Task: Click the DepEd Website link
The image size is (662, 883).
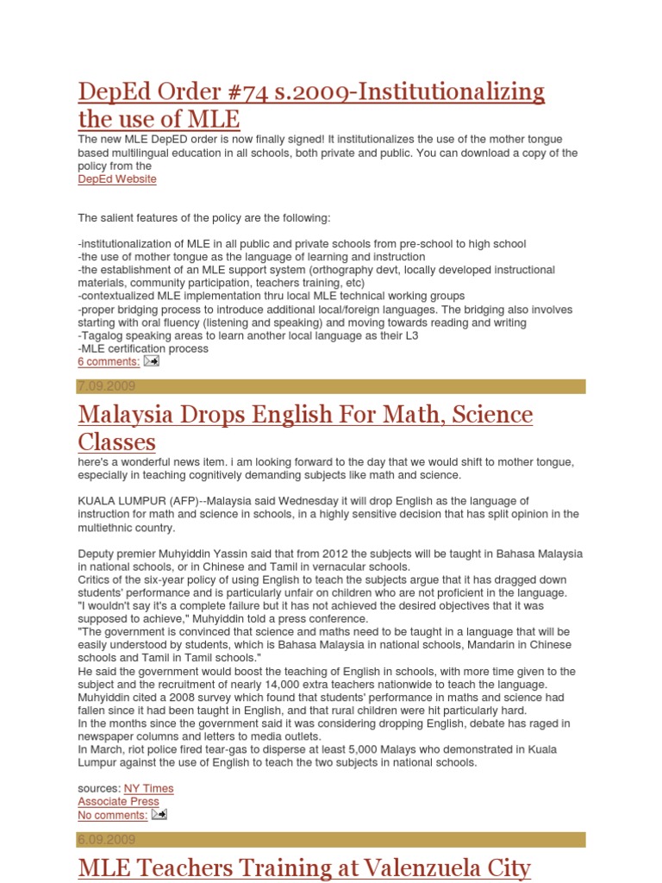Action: coord(117,179)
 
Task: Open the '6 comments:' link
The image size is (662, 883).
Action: coord(109,362)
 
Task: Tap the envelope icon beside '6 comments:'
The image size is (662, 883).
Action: coord(151,361)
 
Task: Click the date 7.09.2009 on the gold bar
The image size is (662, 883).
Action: coord(106,386)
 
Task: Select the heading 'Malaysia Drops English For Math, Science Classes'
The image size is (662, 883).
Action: coord(305,428)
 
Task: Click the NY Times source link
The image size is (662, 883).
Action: coord(148,788)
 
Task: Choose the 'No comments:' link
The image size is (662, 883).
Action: coord(112,815)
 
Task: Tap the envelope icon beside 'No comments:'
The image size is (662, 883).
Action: coord(159,814)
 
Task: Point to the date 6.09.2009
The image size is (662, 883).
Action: coord(106,840)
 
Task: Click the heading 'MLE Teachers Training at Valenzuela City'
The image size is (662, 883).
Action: coord(303,867)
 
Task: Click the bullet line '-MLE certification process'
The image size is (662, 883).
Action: coord(143,349)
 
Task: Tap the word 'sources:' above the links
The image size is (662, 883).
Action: coord(99,788)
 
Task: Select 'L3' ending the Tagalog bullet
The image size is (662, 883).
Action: coord(411,335)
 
